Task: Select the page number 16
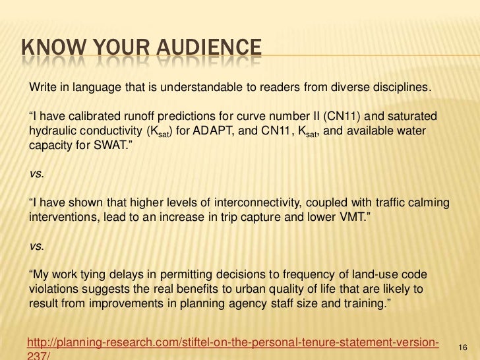coord(462,347)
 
